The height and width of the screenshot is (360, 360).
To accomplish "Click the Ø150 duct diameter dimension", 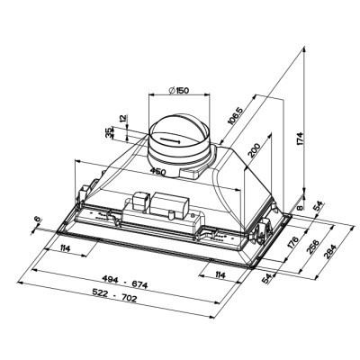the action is (179, 90).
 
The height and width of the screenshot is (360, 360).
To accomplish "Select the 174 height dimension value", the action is (301, 139).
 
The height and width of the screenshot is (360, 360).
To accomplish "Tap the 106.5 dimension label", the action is (235, 115).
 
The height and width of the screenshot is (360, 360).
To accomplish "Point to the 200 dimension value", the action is (254, 150).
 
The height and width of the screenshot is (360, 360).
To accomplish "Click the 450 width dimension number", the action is (157, 172).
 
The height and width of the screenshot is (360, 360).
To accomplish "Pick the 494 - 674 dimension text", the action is (125, 282).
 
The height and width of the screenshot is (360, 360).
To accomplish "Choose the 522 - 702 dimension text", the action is (114, 295).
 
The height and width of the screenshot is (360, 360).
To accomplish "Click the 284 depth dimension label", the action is (330, 251).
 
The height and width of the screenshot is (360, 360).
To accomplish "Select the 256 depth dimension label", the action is (313, 247).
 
